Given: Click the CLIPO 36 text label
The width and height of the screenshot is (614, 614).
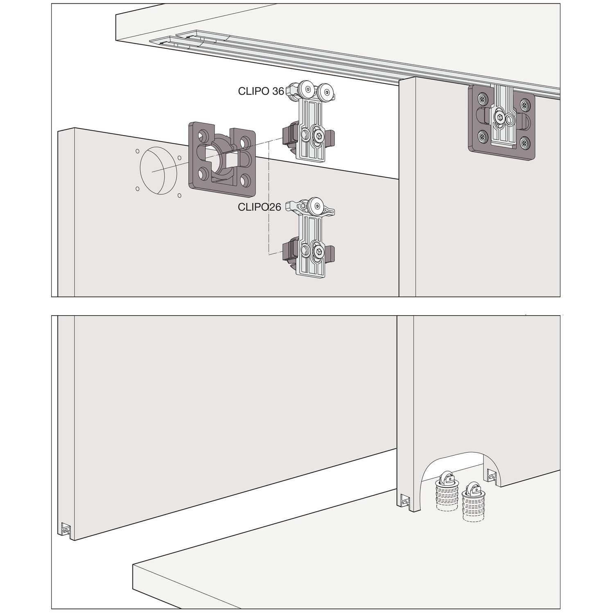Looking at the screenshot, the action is pos(261,91).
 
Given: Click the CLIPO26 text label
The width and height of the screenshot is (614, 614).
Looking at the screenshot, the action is pos(260,208).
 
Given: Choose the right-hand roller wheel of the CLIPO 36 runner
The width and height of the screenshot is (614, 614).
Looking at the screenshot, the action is pos(326,91).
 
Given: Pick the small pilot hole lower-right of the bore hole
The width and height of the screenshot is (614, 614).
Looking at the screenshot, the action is pos(179,196).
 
